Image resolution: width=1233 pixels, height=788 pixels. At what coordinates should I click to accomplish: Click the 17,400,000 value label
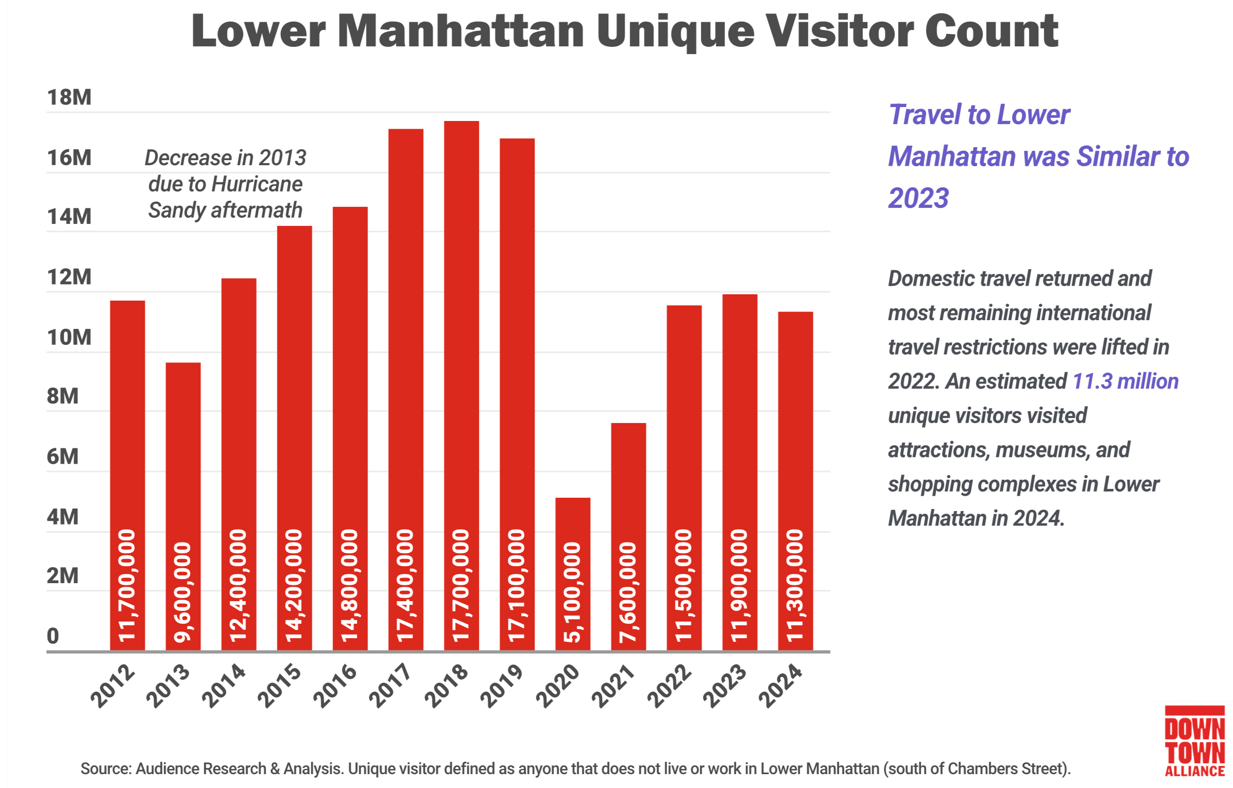point(405,586)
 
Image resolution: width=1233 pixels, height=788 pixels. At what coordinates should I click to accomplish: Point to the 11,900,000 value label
point(739,586)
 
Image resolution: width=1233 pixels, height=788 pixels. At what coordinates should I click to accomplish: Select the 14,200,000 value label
point(294,586)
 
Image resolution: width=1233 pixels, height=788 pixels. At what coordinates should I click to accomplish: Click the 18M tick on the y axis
point(69,97)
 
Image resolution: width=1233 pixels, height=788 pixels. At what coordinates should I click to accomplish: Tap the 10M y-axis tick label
point(69,338)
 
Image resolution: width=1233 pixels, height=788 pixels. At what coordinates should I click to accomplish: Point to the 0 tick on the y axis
point(53,636)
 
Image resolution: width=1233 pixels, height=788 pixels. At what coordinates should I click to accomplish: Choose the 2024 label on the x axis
point(781,686)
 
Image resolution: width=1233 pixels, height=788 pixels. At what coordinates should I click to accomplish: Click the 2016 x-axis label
point(335,686)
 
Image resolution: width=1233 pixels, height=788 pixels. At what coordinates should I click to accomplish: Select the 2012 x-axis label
point(113,686)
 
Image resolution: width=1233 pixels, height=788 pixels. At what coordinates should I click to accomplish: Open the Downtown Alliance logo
point(1194,741)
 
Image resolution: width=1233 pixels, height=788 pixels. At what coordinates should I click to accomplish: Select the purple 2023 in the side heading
point(918,199)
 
